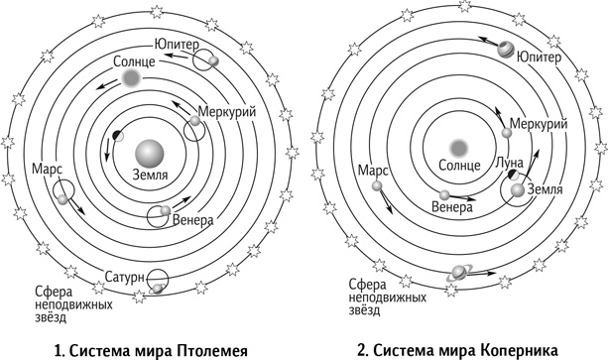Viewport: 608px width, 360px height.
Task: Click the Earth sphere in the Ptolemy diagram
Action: (151, 152)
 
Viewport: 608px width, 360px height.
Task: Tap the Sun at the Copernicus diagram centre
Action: (457, 146)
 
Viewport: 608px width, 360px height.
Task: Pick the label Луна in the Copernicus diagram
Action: (496, 163)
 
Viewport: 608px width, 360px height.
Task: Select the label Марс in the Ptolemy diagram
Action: (49, 170)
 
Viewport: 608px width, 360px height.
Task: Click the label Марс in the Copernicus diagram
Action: (373, 170)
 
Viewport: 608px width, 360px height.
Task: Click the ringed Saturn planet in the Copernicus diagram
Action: (460, 271)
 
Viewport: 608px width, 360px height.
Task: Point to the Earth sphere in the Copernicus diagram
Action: (517, 189)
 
